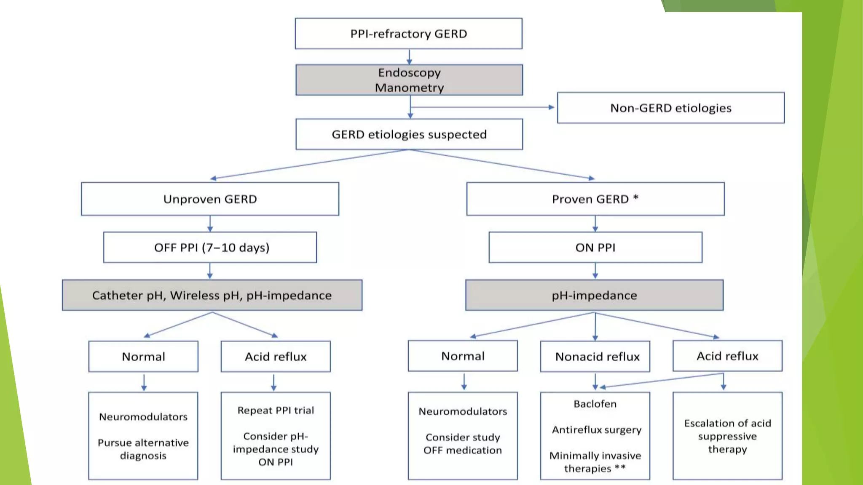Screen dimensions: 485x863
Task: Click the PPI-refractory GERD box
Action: (x=408, y=34)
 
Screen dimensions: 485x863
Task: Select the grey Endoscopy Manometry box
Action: (x=409, y=80)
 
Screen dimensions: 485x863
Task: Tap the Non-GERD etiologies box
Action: (x=670, y=108)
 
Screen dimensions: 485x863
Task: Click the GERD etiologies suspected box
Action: (x=409, y=134)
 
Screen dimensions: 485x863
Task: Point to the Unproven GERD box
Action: (x=210, y=199)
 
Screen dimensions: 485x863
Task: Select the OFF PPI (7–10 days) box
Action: (x=210, y=248)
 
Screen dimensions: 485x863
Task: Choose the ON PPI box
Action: (x=595, y=248)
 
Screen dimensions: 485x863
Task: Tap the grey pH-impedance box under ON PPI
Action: (x=594, y=296)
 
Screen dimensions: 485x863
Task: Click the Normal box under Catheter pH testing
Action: (x=143, y=357)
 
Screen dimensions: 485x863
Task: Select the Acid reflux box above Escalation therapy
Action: (x=727, y=356)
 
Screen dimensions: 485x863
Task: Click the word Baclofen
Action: (x=595, y=404)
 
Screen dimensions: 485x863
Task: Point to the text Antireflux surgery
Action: (x=596, y=430)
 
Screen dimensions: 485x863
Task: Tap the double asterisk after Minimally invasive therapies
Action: (x=620, y=467)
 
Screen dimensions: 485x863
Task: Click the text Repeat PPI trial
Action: (x=276, y=410)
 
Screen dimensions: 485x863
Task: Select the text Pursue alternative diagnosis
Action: (x=143, y=449)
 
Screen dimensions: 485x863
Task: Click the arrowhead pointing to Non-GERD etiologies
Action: (x=551, y=107)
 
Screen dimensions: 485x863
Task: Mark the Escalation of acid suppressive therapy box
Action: (x=727, y=436)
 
